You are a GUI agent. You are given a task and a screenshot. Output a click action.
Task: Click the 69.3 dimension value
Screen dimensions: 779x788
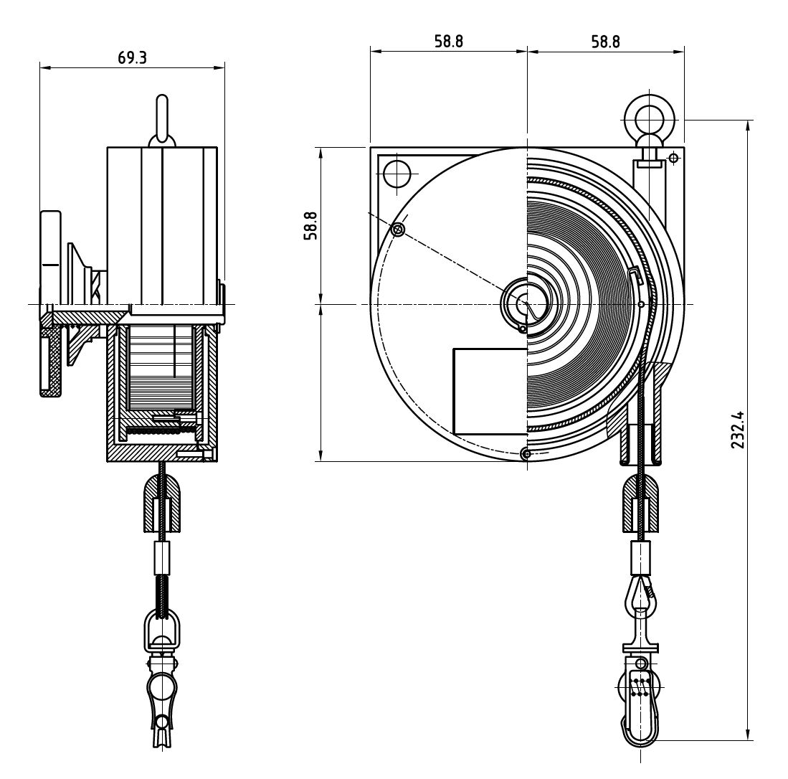[132, 58]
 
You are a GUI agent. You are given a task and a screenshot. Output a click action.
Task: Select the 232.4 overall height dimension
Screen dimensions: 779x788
[738, 429]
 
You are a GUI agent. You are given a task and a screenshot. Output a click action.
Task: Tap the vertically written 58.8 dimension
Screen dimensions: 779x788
[310, 225]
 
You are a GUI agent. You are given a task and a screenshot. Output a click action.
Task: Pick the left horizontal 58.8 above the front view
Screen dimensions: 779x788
[448, 41]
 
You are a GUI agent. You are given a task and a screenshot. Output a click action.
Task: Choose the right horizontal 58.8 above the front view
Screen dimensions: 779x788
[605, 41]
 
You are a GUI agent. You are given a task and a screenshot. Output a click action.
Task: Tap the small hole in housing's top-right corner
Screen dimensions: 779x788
[673, 157]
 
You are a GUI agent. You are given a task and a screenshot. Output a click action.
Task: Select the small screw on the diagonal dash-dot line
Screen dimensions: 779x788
[399, 229]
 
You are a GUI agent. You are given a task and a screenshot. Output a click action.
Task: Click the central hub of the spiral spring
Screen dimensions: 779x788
[527, 302]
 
